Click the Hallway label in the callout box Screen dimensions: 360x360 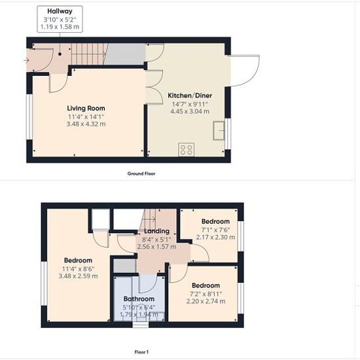(x=60, y=11)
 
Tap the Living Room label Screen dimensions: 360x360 (x=86, y=108)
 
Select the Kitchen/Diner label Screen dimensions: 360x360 (x=190, y=96)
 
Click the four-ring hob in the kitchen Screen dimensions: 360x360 (x=186, y=149)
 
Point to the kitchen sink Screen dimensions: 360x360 (x=219, y=130)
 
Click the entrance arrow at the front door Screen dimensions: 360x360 (x=26, y=60)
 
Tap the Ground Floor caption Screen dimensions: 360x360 (x=141, y=173)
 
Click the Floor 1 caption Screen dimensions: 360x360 (x=141, y=352)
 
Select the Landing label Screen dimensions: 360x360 (x=156, y=231)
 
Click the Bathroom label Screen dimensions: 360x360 (x=139, y=298)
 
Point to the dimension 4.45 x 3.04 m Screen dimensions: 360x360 (x=190, y=111)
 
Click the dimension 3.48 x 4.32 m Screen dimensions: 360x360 (x=86, y=124)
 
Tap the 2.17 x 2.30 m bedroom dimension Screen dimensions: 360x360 (x=215, y=237)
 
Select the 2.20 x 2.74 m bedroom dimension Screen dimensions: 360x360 (x=206, y=301)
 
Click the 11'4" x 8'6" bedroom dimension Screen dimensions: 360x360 (x=78, y=268)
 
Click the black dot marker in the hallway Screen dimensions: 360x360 (x=60, y=54)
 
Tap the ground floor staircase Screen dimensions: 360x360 (x=89, y=54)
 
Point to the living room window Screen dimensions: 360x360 (x=29, y=117)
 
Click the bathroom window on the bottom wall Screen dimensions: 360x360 (x=141, y=325)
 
